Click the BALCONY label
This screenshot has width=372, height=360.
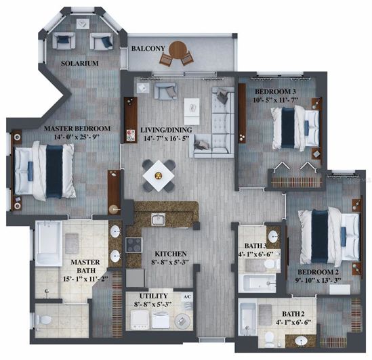tap(145, 48)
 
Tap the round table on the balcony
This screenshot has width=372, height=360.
tap(178, 49)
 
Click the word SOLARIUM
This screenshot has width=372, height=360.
tap(80, 63)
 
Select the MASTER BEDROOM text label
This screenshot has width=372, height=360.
tap(77, 129)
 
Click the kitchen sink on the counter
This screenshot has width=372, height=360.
tap(158, 218)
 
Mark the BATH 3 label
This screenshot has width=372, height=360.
tap(253, 245)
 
